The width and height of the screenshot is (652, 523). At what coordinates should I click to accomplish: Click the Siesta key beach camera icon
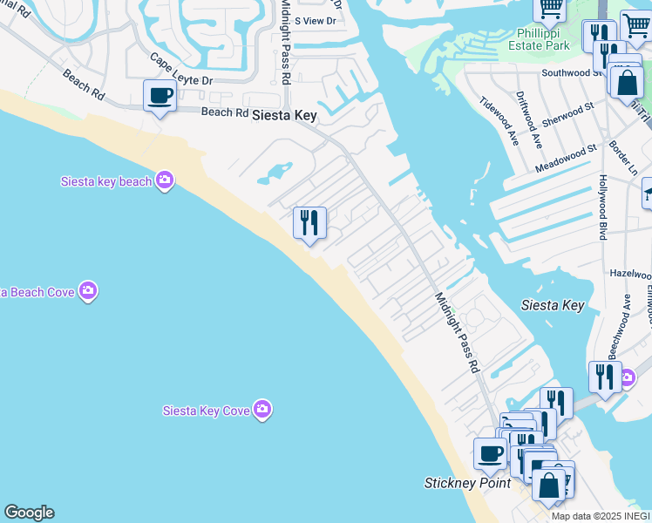pyautogui.click(x=165, y=180)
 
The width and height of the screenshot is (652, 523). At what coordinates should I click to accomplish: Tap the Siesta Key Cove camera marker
pyautogui.click(x=262, y=410)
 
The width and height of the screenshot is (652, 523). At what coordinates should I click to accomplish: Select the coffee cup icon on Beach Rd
pyautogui.click(x=160, y=96)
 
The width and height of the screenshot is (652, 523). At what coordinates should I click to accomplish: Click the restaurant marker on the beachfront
pyautogui.click(x=309, y=223)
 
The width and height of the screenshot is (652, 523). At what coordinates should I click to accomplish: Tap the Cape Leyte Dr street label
pyautogui.click(x=182, y=70)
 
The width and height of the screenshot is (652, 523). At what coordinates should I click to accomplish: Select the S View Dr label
pyautogui.click(x=315, y=20)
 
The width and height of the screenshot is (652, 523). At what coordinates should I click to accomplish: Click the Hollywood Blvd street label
pyautogui.click(x=602, y=207)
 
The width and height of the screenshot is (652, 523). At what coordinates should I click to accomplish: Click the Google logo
pyautogui.click(x=29, y=513)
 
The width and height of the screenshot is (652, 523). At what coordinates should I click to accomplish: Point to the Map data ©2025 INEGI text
pyautogui.click(x=601, y=516)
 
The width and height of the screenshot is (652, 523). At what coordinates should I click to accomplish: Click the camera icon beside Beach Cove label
pyautogui.click(x=87, y=290)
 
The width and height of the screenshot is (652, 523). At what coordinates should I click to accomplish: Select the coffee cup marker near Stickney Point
pyautogui.click(x=491, y=453)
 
